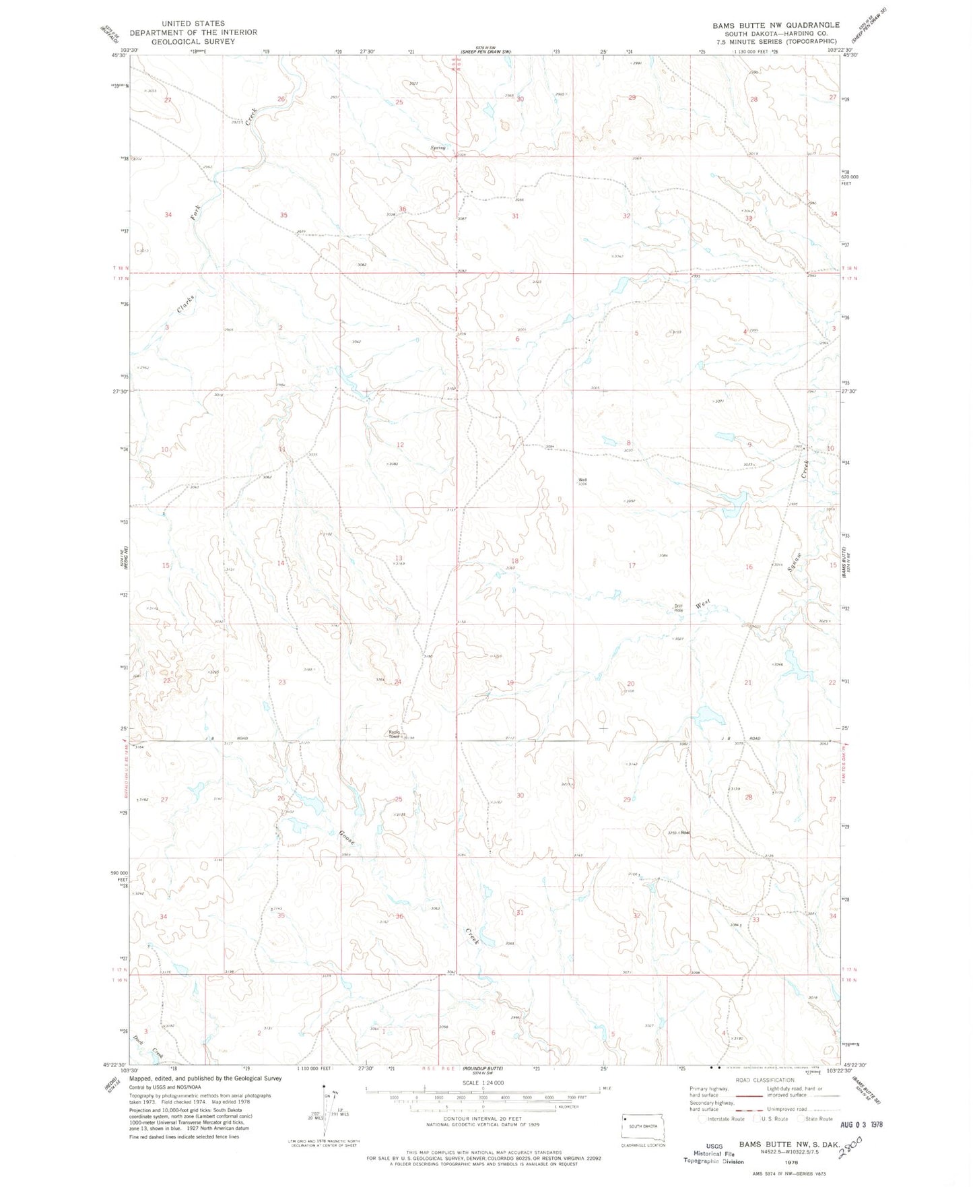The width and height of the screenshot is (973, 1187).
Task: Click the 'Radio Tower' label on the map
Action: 395,734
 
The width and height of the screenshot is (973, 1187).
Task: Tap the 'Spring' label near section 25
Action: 438,148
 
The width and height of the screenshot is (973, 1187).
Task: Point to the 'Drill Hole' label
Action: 679,606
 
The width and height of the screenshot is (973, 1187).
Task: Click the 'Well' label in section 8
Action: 582,480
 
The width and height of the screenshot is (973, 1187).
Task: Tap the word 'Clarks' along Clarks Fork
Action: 186,304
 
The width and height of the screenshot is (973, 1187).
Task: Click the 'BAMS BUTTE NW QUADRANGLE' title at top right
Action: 776,25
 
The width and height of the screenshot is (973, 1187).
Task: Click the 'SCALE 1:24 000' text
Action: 483,1083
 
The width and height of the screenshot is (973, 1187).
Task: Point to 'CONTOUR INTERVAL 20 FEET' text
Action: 483,1119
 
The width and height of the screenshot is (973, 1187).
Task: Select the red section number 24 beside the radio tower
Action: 398,682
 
